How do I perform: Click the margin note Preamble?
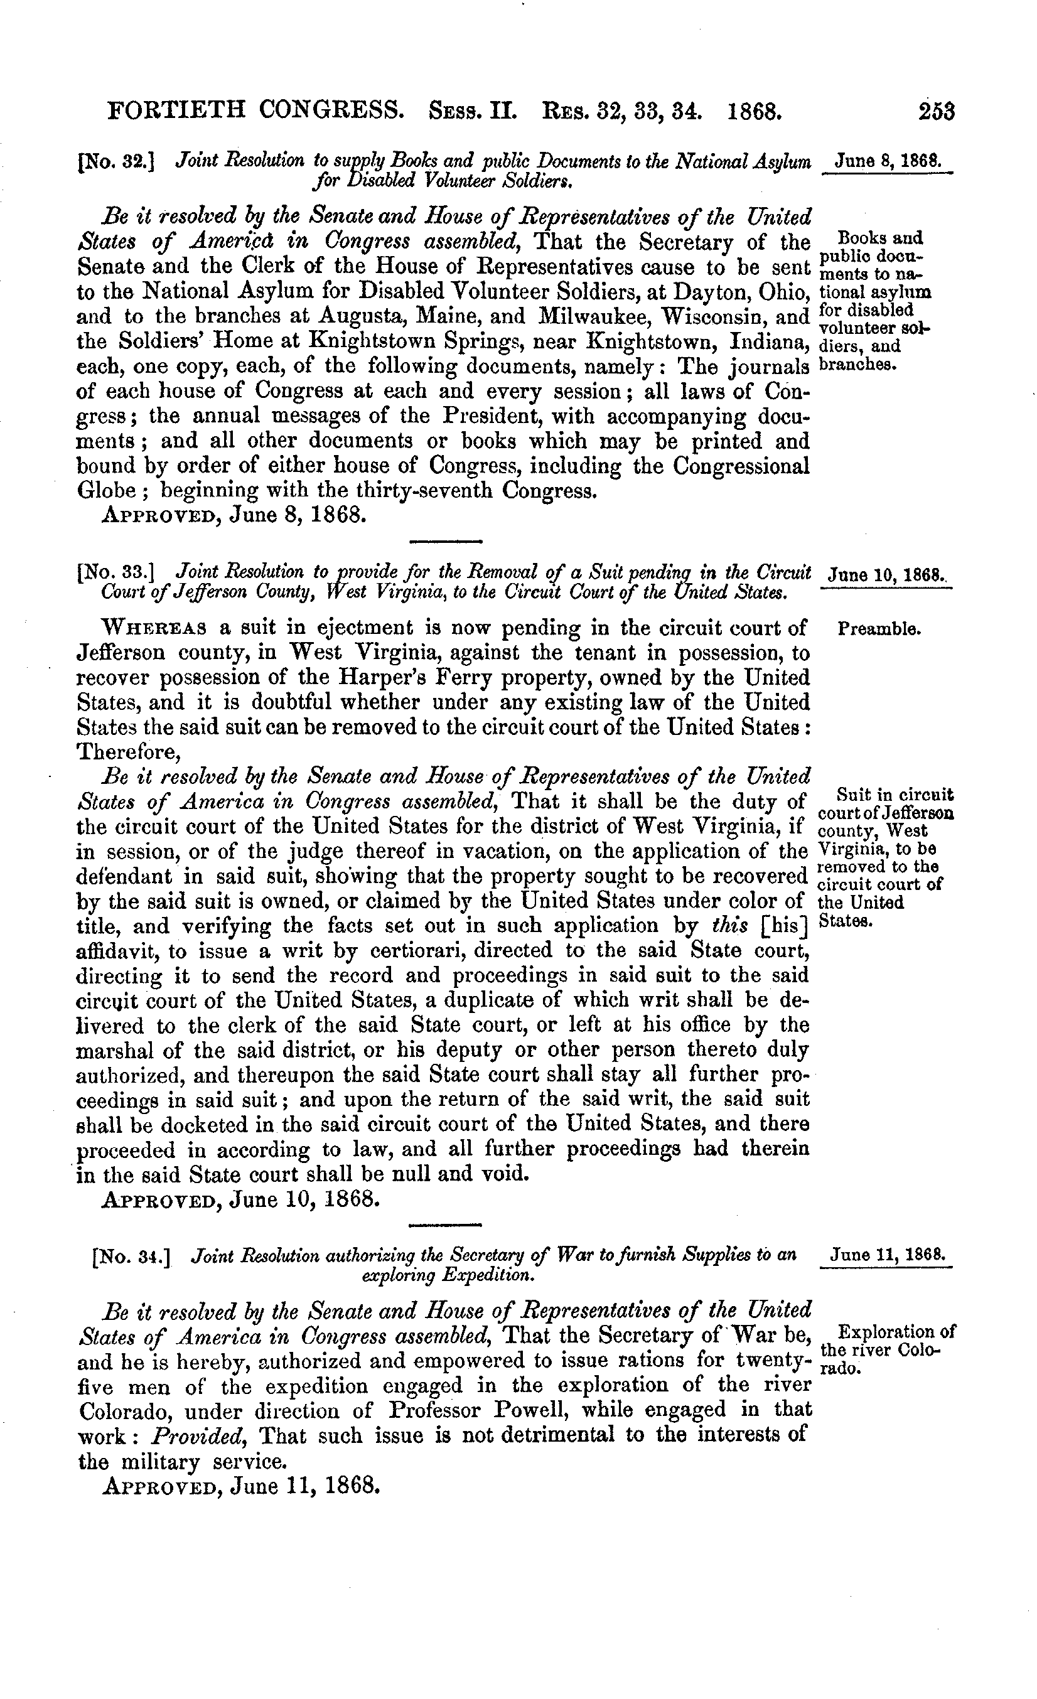coord(879,629)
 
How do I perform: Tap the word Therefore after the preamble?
coord(127,751)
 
